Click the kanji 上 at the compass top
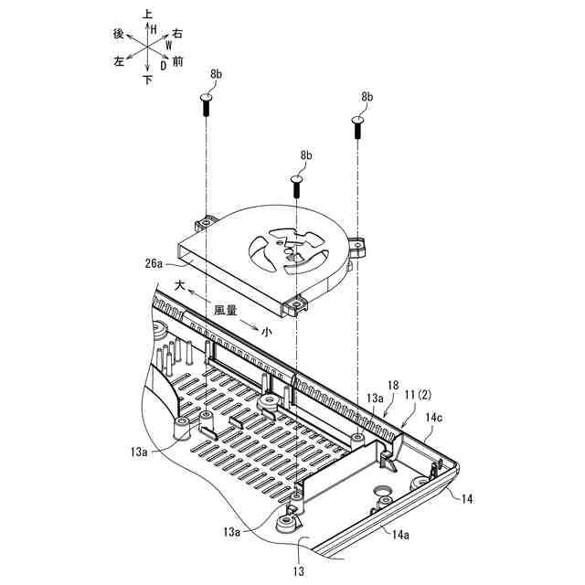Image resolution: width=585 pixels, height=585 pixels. [148, 15]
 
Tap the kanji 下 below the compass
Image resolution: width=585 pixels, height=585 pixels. [148, 80]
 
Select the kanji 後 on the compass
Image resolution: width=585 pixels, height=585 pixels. [118, 33]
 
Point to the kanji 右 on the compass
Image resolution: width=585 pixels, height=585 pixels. [177, 33]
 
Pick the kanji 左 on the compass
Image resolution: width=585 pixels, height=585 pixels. [119, 62]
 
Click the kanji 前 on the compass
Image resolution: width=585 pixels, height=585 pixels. [177, 62]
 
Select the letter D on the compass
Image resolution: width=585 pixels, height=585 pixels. [162, 66]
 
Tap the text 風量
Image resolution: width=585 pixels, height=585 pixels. [226, 311]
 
